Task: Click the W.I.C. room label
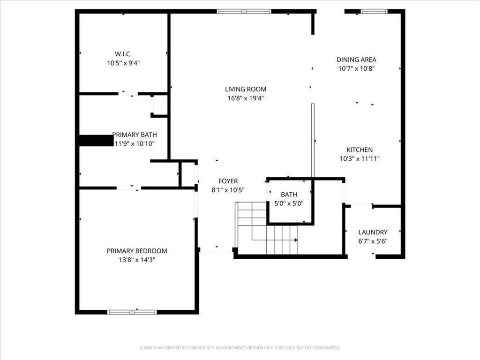(x=123, y=53)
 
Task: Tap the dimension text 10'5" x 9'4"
(x=123, y=62)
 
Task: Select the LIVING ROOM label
(x=245, y=89)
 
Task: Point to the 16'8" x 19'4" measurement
(x=245, y=98)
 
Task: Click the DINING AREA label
(x=356, y=60)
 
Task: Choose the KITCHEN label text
(x=360, y=150)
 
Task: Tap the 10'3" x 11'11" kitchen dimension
(x=360, y=158)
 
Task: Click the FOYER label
(x=228, y=181)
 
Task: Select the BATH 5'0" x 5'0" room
(x=289, y=199)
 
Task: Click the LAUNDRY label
(x=373, y=232)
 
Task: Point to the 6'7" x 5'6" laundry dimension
(x=373, y=241)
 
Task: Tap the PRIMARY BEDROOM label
(x=136, y=251)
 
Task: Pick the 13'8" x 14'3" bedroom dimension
(x=136, y=260)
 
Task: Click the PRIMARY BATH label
(x=135, y=135)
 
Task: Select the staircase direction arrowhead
(x=296, y=240)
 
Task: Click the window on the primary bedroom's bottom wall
(x=132, y=312)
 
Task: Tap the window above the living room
(x=244, y=11)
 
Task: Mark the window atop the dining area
(x=374, y=11)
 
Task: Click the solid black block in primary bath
(x=96, y=140)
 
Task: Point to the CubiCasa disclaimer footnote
(x=240, y=348)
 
